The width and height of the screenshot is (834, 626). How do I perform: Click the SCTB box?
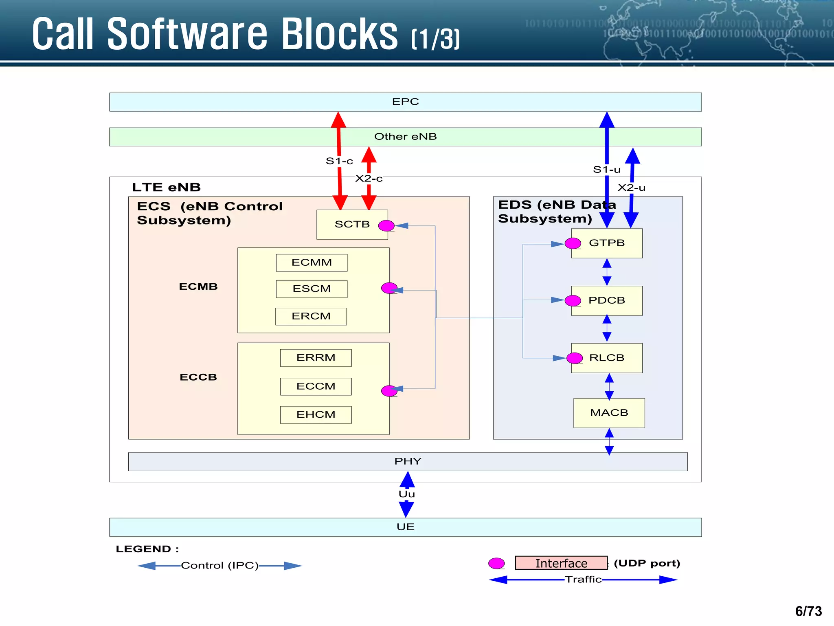(x=352, y=225)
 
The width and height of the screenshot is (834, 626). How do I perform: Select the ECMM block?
(x=312, y=262)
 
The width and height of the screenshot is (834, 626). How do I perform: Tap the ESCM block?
(x=312, y=289)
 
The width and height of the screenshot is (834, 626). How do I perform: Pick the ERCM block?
(x=311, y=316)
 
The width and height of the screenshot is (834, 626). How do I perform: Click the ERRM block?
(x=316, y=357)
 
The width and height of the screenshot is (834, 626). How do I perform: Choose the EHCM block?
(x=316, y=414)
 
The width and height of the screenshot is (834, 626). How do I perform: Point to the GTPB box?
(x=606, y=243)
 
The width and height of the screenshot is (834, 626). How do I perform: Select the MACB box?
(x=609, y=413)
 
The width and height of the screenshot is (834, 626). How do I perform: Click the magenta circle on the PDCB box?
(x=573, y=300)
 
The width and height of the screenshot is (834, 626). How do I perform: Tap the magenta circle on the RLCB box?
(x=574, y=358)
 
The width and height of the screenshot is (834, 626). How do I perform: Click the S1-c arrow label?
(x=339, y=161)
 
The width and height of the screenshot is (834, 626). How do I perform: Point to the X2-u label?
(x=631, y=187)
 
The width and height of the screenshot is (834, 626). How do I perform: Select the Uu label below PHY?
(x=406, y=494)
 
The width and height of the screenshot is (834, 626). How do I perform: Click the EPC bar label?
(x=405, y=101)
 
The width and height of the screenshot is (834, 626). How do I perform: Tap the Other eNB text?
(x=405, y=137)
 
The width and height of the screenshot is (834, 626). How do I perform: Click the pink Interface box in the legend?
(x=561, y=563)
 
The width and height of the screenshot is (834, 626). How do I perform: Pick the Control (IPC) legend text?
(x=219, y=565)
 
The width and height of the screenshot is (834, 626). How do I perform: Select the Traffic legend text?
(x=583, y=579)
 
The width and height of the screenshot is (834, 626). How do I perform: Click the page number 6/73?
(x=808, y=611)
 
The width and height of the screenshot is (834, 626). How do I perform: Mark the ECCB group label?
(x=198, y=377)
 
